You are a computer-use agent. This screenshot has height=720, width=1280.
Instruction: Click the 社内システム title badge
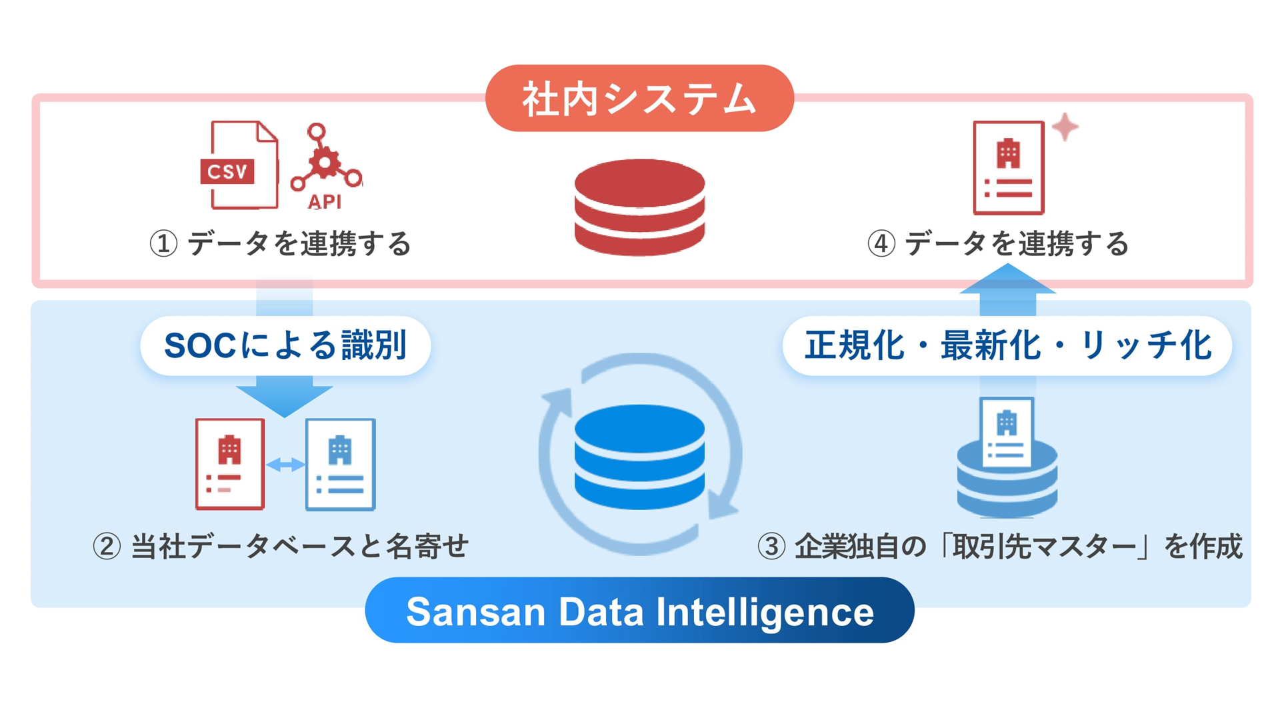639,98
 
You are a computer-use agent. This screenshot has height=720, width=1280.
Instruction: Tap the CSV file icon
240,165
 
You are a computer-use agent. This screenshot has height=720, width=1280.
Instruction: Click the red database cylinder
639,207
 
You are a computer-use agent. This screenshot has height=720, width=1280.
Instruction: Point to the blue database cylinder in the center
639,457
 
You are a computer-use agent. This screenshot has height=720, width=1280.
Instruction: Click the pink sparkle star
1065,127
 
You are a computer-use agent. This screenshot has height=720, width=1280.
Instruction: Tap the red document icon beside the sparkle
1008,167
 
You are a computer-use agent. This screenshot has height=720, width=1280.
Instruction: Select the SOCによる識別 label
285,345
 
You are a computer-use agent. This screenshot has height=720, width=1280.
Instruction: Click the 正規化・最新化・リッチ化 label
1007,345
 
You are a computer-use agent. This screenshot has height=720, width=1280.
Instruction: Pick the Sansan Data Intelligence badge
639,611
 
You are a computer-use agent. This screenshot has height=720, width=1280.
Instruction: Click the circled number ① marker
163,244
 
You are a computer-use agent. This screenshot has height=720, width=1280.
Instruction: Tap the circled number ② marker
107,547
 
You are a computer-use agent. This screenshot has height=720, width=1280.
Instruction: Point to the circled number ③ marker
771,547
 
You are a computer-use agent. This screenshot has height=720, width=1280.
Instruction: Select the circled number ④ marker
881,244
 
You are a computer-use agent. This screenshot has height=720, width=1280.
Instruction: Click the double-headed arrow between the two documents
285,465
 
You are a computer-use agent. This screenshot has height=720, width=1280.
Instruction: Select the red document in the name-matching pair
230,464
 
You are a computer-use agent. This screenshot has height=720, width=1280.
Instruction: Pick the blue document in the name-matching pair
340,464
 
